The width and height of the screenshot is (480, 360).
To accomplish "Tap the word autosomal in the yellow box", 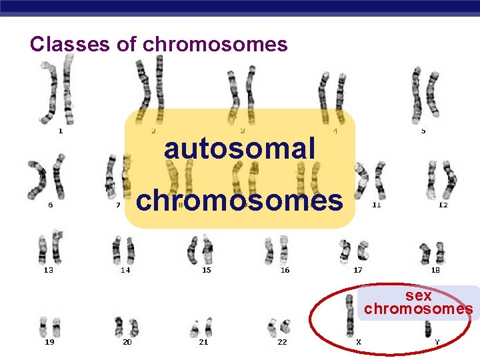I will coord(239,148).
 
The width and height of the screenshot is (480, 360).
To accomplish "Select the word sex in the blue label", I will coord(419,295).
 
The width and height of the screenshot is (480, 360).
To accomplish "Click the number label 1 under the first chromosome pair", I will coord(61,131).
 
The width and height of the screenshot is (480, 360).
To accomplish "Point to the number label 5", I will coord(423,131).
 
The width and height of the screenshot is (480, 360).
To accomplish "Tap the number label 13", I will coord(49,270).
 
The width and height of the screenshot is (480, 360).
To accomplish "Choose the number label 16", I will coord(285,270).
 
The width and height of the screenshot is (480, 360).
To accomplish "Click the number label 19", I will coord(49,342).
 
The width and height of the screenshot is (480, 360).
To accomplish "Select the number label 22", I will coord(283,342).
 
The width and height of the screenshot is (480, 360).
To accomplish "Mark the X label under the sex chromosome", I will coord(359,342).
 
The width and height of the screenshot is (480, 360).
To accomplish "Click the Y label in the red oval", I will coord(437,342).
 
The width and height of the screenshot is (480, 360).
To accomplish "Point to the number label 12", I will coord(443,205).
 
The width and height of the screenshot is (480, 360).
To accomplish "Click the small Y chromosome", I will coord(427,327).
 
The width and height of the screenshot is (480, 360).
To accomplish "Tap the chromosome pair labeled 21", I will coord(203,327).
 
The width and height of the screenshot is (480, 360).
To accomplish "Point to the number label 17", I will coord(358,270).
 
